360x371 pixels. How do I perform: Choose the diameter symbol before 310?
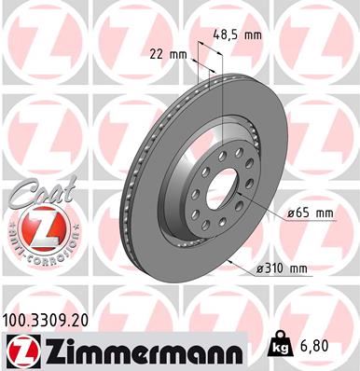(x=258, y=270)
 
